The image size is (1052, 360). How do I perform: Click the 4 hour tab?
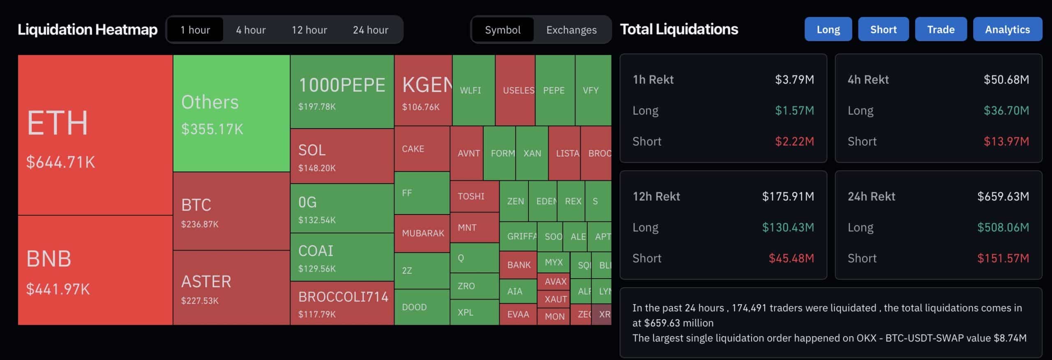click(251, 30)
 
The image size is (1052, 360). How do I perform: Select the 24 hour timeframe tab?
click(370, 30)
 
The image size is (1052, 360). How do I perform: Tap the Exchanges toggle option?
click(571, 30)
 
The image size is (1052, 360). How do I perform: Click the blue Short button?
click(883, 30)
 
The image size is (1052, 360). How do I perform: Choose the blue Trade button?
click(941, 30)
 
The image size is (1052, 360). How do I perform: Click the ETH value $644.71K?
click(60, 162)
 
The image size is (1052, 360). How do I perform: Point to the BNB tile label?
click(49, 259)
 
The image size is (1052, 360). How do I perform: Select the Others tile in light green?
click(231, 113)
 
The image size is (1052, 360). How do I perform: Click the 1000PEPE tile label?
click(342, 85)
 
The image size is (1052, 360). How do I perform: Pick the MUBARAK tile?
click(422, 233)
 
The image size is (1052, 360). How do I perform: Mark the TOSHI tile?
click(471, 196)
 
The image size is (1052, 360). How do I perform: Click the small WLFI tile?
click(471, 90)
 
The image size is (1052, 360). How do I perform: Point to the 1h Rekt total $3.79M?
click(794, 79)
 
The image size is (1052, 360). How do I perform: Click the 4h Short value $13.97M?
click(1006, 141)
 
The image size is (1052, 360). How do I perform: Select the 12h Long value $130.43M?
click(788, 227)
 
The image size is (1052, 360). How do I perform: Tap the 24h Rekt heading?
click(871, 196)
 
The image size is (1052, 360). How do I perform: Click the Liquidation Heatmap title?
click(88, 30)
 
